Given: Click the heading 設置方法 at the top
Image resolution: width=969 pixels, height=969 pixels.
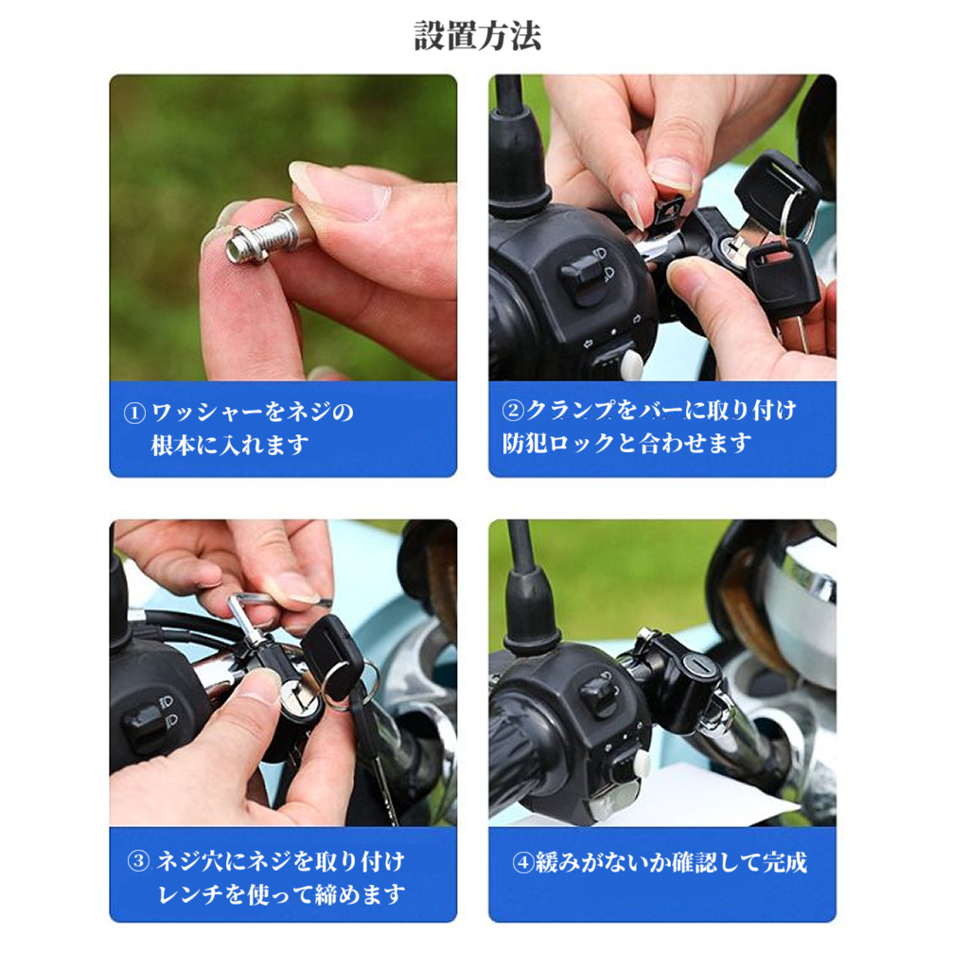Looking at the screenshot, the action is tap(477, 36).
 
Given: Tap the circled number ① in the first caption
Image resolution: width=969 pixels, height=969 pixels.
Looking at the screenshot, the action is tap(134, 413).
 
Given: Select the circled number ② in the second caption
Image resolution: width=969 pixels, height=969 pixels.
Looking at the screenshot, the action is tap(512, 410).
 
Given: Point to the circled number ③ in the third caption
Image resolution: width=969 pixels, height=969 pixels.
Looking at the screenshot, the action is tap(138, 861).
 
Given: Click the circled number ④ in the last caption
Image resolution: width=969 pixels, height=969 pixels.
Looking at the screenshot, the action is tap(522, 862).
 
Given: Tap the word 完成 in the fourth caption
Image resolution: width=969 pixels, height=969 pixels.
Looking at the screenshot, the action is tap(784, 862).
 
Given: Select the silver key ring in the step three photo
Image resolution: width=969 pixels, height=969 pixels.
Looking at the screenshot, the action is tap(346, 683).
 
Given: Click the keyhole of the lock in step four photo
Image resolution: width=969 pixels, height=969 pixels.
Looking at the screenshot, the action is tap(699, 666).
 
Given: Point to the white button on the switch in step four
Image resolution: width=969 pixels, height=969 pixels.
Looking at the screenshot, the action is tap(640, 765).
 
